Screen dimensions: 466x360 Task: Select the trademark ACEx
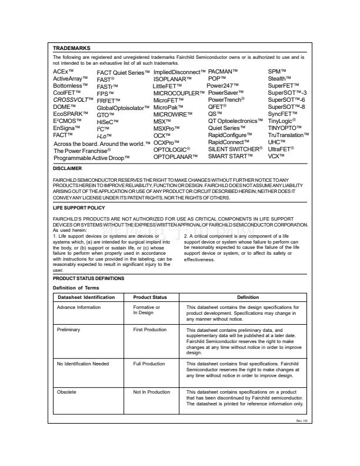click(64, 72)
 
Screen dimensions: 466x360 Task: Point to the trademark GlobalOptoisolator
click(123, 108)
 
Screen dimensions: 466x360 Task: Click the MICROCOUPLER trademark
click(179, 93)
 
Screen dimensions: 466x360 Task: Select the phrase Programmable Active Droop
click(91, 158)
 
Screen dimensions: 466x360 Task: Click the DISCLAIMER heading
click(67, 168)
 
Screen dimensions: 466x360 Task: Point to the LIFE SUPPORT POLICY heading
click(79, 208)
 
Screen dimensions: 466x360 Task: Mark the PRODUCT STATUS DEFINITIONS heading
click(88, 278)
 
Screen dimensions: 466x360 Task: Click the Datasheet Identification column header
click(85, 297)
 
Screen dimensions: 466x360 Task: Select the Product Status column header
click(151, 297)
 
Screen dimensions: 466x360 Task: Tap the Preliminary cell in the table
click(68, 331)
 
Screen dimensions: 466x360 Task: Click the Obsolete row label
click(66, 391)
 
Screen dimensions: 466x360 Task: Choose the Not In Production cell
click(151, 391)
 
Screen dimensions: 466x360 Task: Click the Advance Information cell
click(78, 307)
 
